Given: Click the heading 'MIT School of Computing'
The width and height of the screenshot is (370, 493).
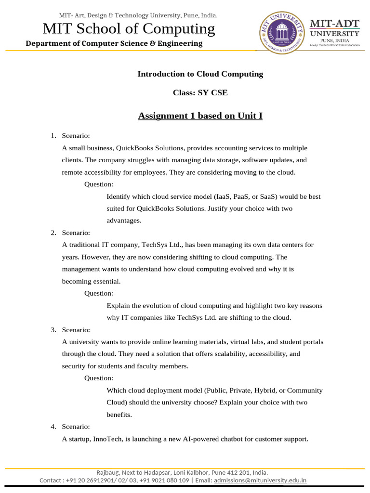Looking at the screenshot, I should [129, 29].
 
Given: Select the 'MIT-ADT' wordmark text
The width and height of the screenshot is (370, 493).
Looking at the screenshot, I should [334, 24].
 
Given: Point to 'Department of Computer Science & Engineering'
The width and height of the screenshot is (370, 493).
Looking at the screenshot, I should [114, 43].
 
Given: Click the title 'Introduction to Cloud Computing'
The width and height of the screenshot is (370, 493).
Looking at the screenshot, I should [200, 74].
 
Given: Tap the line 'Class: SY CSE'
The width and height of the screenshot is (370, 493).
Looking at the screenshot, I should [200, 93].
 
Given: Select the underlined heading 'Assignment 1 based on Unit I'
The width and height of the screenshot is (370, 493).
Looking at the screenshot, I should [200, 116].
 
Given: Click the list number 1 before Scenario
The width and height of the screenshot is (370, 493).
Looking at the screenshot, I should [53, 136].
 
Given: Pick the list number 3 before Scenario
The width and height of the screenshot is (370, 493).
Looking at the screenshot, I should [53, 330].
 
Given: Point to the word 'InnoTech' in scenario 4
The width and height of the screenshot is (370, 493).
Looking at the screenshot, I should [107, 439].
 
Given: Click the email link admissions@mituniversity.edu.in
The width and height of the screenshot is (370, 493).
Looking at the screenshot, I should [260, 480].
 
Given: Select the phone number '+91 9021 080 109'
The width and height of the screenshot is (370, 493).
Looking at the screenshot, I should [164, 480].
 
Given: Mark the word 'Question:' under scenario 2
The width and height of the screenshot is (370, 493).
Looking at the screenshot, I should [99, 293].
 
